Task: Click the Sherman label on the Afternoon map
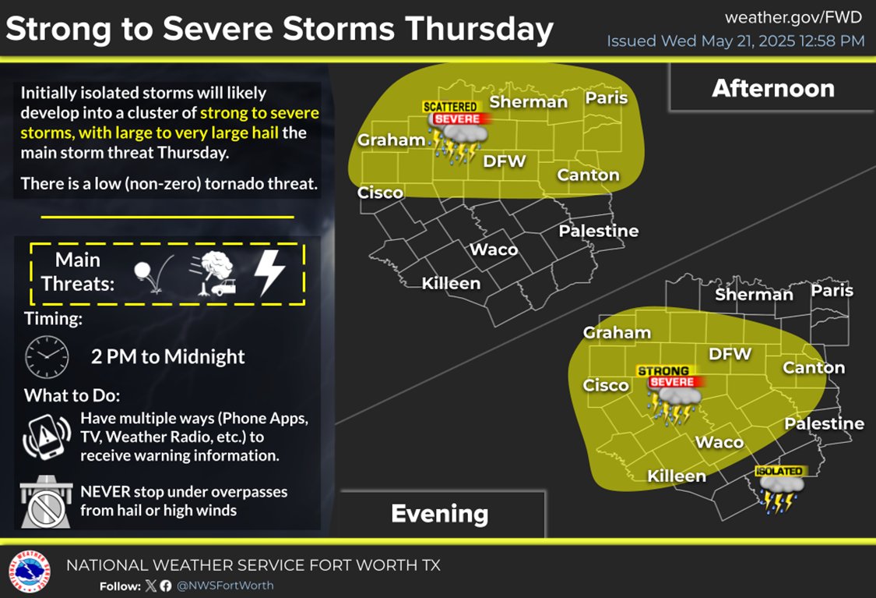pyautogui.click(x=529, y=101)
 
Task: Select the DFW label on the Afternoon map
pyautogui.click(x=505, y=161)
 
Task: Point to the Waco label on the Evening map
pyautogui.click(x=719, y=442)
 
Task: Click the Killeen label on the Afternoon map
pyautogui.click(x=451, y=283)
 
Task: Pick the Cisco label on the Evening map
pyautogui.click(x=606, y=385)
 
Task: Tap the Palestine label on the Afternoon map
pyautogui.click(x=598, y=231)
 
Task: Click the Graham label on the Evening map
pyautogui.click(x=617, y=333)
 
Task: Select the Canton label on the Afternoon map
pyautogui.click(x=589, y=175)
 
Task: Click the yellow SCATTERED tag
pyautogui.click(x=449, y=106)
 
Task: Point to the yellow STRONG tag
pyautogui.click(x=663, y=371)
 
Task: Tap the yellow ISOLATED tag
pyautogui.click(x=779, y=471)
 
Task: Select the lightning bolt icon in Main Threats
pyautogui.click(x=271, y=274)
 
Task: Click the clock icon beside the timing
pyautogui.click(x=47, y=357)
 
